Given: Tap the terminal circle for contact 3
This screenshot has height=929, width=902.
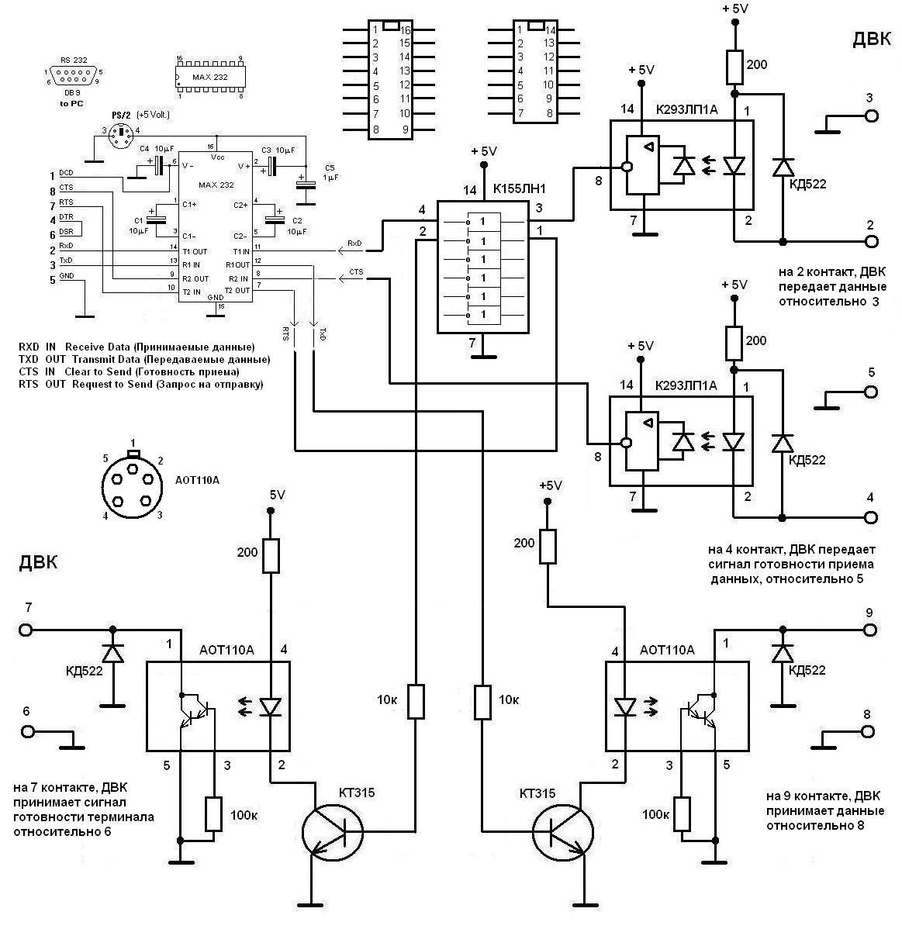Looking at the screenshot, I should tap(872, 116).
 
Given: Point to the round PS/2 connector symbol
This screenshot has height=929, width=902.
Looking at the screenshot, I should tap(121, 137).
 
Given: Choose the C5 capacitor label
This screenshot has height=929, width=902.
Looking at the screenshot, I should tap(330, 167).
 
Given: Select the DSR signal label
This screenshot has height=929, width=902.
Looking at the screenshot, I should tap(67, 232).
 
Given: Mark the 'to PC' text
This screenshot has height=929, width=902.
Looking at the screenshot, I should tap(72, 102).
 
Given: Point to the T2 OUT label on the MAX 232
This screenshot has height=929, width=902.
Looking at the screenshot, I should tap(237, 290).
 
